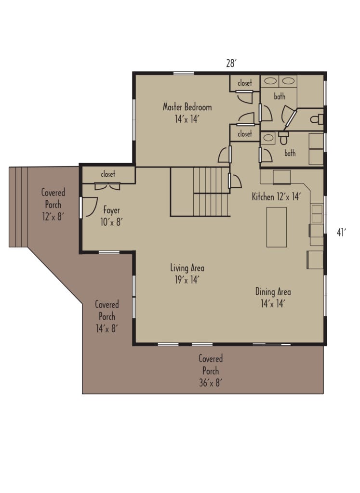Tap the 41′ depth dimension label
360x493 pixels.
coord(341,233)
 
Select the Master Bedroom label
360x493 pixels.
coord(187,113)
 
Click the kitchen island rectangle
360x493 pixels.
coord(276,227)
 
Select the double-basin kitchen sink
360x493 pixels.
coord(317,212)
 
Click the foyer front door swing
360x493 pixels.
coord(90,208)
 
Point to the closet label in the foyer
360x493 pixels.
coord(108,174)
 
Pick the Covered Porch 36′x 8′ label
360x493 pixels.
coord(211,371)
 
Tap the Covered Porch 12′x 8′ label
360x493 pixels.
coord(53,205)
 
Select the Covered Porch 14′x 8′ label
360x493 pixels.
coord(107,316)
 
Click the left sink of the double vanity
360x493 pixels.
coord(270,81)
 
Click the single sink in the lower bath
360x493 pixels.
coord(269,138)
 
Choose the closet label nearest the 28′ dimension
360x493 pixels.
coord(245,83)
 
